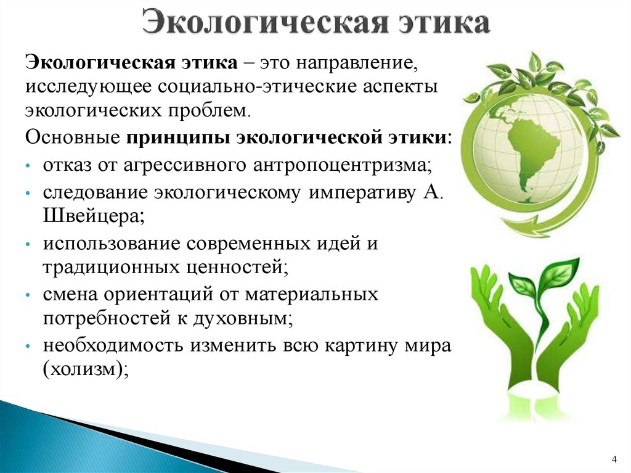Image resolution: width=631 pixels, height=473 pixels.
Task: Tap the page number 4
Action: click(614, 459)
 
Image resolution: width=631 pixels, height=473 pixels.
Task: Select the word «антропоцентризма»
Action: click(343, 166)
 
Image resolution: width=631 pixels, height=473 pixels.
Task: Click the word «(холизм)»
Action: click(86, 369)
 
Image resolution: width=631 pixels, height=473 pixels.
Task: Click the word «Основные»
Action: click(73, 138)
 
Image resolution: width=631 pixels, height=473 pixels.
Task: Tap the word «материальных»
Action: click(312, 295)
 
